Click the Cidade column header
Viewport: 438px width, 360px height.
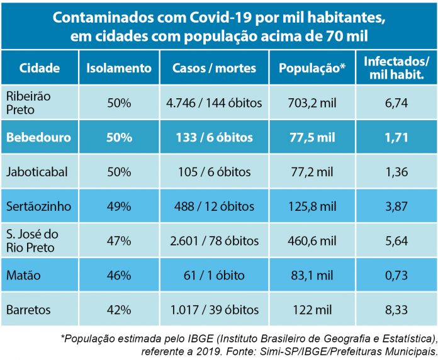[40, 68]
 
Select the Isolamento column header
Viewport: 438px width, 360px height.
[118, 68]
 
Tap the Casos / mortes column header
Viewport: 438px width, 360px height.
[214, 68]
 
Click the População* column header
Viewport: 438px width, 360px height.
[312, 68]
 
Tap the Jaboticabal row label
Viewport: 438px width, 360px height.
[36, 172]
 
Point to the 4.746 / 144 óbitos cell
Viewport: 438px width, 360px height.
[214, 103]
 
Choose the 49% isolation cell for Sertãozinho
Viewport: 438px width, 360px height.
[118, 206]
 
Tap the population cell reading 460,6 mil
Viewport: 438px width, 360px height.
[312, 240]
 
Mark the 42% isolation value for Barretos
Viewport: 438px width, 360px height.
[118, 310]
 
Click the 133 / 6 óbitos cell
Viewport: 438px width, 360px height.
[214, 137]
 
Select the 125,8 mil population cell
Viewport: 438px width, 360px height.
[312, 206]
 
